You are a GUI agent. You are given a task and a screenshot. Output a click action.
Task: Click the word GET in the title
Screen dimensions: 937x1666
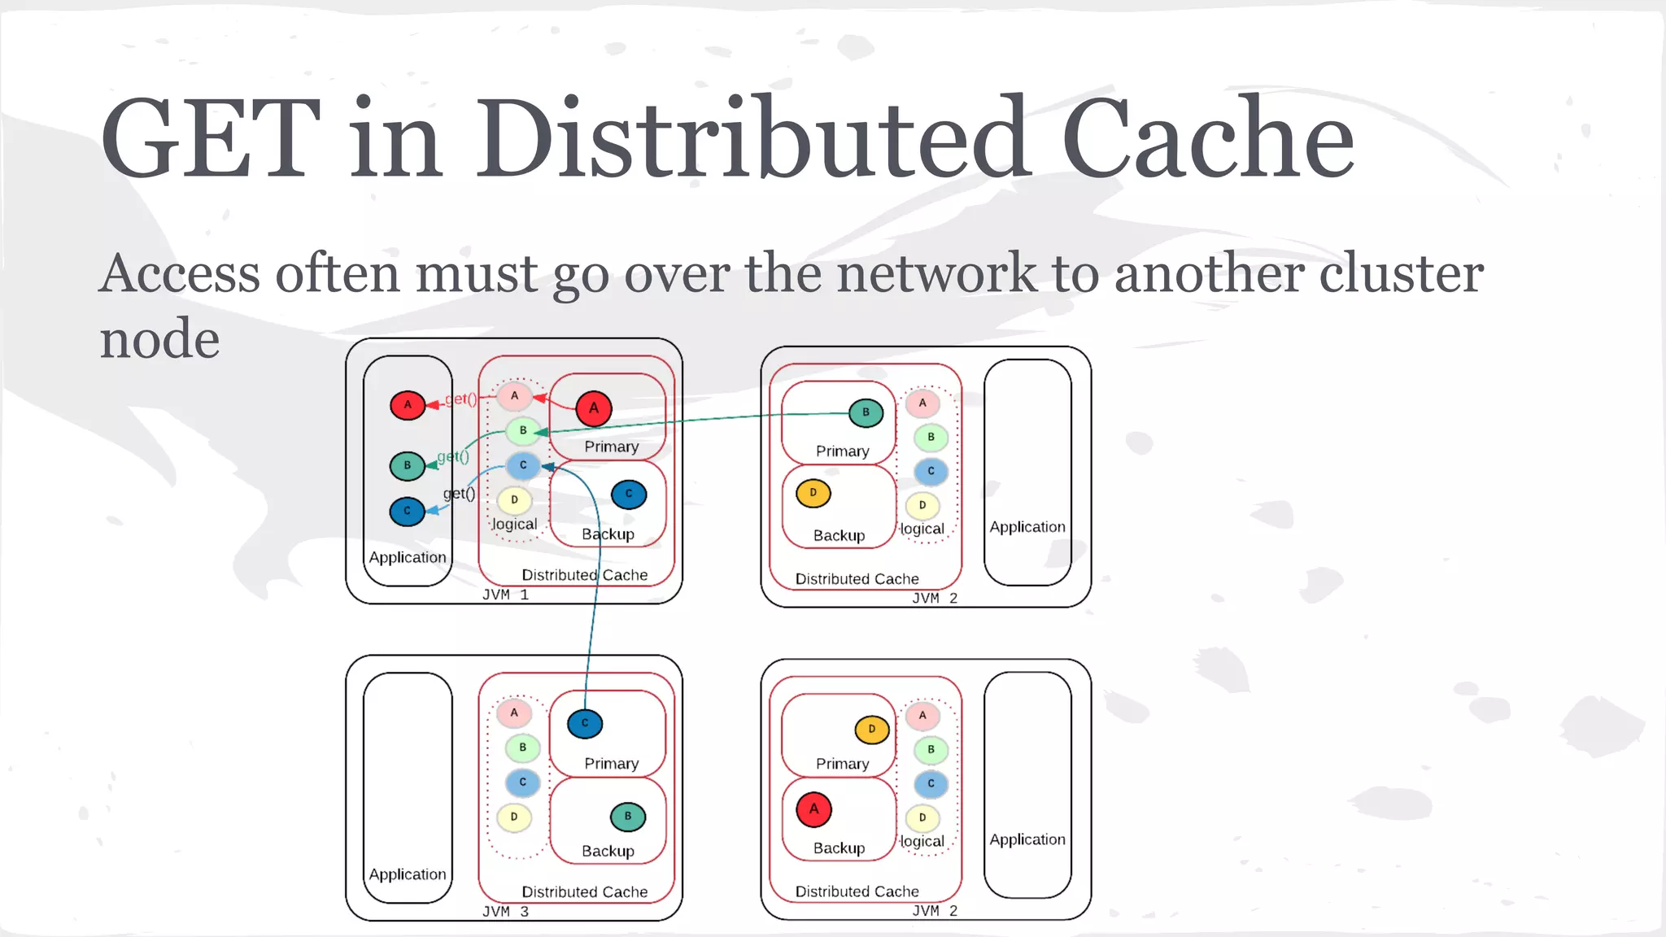point(210,138)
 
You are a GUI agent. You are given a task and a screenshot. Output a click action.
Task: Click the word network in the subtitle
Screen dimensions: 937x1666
point(936,273)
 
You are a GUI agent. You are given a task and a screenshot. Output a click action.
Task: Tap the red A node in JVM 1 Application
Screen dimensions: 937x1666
point(408,405)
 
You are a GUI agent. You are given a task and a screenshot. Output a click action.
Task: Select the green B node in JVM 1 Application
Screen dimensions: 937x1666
point(408,466)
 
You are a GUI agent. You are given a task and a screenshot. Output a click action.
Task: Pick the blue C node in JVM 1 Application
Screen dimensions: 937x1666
point(408,512)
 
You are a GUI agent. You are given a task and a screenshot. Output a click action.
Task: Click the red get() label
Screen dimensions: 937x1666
point(460,399)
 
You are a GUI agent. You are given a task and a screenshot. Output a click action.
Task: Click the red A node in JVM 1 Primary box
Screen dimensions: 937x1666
point(594,408)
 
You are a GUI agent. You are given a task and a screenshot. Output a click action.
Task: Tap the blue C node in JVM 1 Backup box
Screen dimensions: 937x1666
point(629,495)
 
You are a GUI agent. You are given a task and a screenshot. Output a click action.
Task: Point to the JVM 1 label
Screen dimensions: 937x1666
point(505,595)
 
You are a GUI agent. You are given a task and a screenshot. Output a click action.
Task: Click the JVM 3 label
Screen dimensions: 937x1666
point(505,912)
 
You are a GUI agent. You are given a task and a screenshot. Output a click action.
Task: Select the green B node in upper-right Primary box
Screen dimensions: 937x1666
point(866,412)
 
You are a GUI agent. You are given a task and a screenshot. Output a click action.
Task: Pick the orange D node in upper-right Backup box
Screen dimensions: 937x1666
point(813,493)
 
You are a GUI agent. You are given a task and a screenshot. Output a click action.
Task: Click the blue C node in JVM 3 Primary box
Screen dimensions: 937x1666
point(585,724)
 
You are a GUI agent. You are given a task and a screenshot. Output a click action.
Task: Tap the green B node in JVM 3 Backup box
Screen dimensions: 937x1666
point(627,817)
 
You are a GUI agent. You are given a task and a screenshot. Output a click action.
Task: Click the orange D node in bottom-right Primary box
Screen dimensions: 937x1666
point(871,730)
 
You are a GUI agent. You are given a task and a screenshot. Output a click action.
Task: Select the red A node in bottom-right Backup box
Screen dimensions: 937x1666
point(813,809)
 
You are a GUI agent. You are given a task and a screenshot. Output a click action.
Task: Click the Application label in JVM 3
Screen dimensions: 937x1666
point(408,874)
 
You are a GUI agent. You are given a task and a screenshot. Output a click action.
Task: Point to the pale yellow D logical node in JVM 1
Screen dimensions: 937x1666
point(514,500)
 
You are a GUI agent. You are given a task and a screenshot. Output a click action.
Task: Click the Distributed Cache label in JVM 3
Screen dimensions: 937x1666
point(584,892)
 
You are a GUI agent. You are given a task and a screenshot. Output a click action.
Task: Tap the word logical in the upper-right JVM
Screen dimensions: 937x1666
point(922,530)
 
